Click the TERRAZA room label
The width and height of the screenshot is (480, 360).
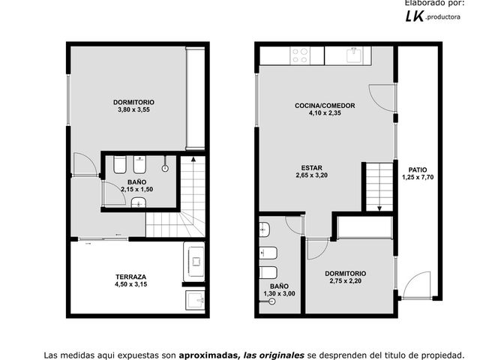(x=130, y=277)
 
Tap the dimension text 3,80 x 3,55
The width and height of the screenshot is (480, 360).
(x=133, y=109)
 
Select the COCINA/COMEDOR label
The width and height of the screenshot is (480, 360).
(x=325, y=106)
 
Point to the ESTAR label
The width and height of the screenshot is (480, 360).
(x=312, y=168)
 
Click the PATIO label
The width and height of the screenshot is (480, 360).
(x=418, y=170)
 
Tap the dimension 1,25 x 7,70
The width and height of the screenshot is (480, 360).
(x=418, y=177)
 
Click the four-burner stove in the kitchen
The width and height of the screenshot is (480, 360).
(x=300, y=55)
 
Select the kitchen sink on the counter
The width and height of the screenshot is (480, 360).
(x=355, y=55)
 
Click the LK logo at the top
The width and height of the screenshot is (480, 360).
(x=415, y=16)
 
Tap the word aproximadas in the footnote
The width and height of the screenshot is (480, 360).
(x=208, y=355)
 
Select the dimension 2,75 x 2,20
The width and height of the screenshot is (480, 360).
(x=345, y=281)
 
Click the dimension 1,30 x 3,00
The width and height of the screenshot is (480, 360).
(x=279, y=294)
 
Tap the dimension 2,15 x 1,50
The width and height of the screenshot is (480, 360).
(x=136, y=190)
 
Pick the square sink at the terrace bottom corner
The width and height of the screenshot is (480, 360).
(x=195, y=300)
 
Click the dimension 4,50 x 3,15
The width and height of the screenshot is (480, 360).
(x=130, y=284)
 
